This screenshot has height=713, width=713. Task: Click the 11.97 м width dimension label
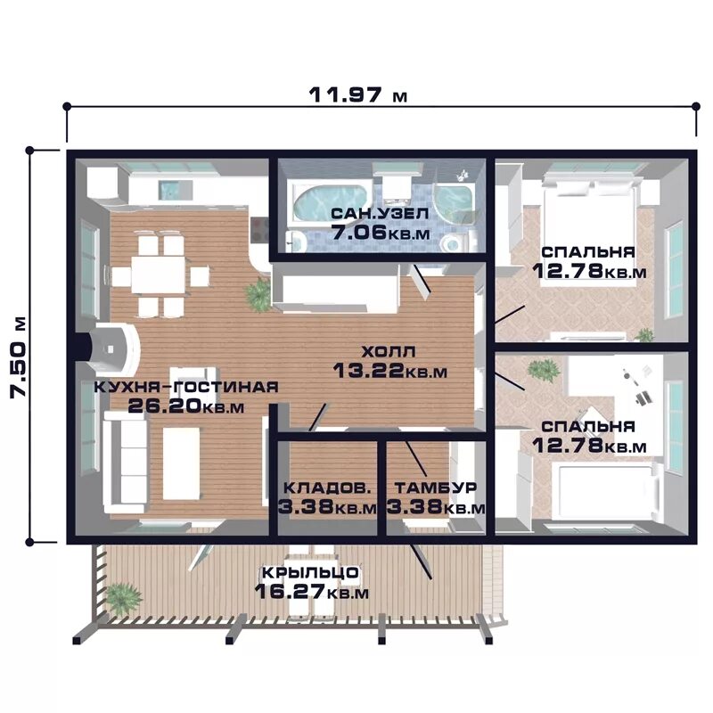(x=358, y=95)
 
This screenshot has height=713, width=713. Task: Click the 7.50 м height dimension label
(x=19, y=357)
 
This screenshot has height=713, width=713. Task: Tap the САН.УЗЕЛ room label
(x=381, y=213)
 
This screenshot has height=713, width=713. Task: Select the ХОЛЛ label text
(x=389, y=351)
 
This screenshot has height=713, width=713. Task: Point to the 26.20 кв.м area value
(x=186, y=406)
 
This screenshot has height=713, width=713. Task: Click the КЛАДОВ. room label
(x=327, y=488)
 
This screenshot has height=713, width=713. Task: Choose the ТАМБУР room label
(x=436, y=488)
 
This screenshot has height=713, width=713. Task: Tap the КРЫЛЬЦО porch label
(x=310, y=572)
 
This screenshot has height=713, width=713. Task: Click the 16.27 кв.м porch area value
(x=311, y=592)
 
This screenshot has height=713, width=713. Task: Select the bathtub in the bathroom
(x=330, y=202)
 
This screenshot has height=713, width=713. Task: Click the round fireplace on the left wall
(x=113, y=348)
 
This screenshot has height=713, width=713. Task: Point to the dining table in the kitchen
(x=159, y=275)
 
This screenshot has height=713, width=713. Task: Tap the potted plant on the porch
(x=122, y=599)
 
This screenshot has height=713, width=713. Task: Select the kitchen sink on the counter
(x=169, y=190)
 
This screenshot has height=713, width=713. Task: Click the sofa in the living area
(x=126, y=462)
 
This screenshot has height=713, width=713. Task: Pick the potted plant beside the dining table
(x=259, y=295)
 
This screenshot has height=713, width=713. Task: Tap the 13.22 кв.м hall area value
(x=390, y=371)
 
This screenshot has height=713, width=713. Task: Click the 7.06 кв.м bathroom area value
(x=381, y=233)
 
